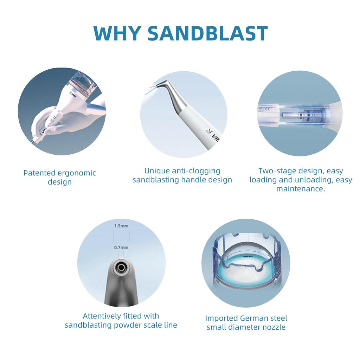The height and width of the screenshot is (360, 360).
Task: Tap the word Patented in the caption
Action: pos(39,173)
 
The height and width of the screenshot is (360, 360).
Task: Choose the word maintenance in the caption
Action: pos(300,189)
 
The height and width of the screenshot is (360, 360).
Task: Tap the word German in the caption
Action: pos(254,318)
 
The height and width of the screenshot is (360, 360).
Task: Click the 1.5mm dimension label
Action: pos(121,226)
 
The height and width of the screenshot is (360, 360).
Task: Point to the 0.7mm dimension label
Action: pos(121,247)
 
